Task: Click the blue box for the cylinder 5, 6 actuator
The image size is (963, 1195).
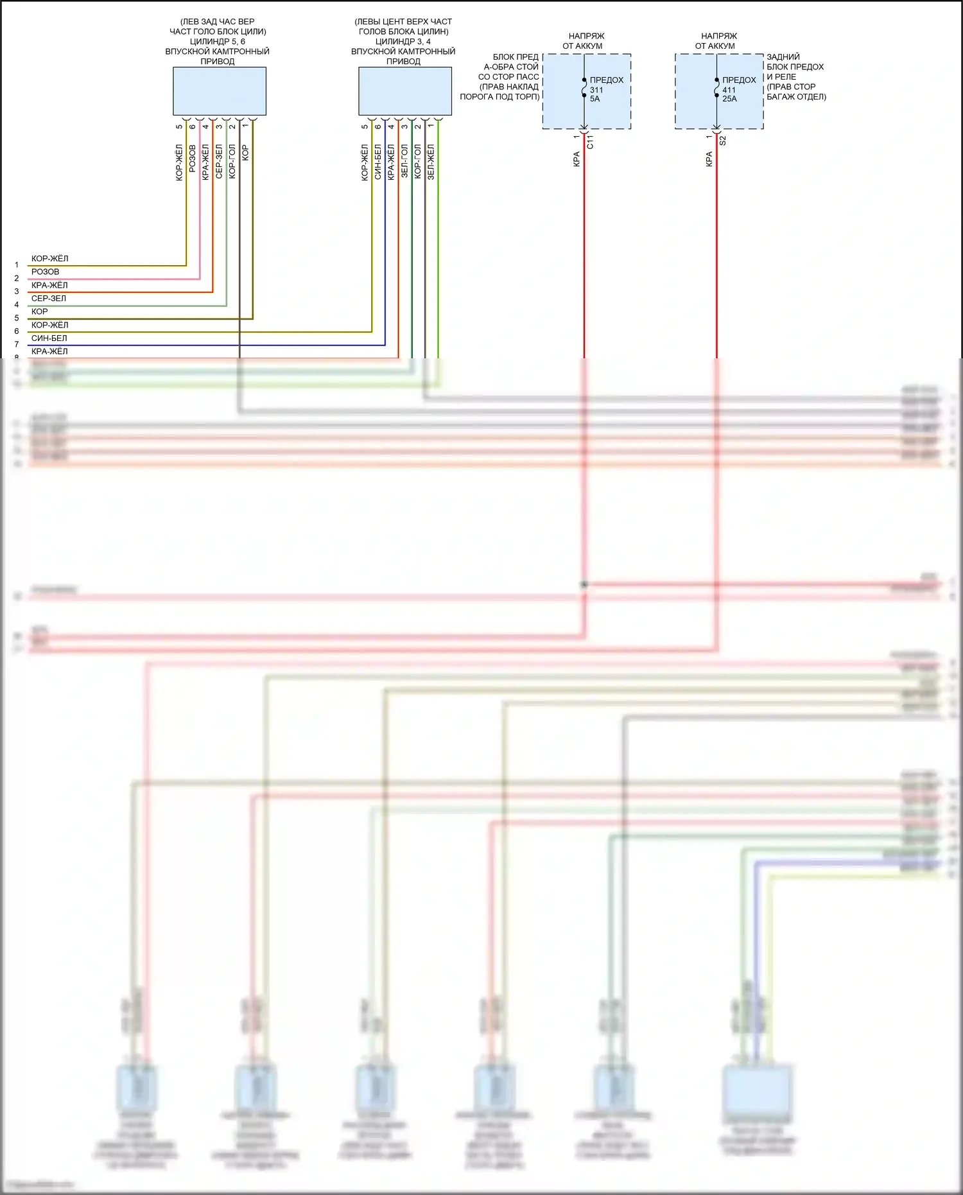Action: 219,91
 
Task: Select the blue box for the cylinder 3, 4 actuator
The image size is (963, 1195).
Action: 404,91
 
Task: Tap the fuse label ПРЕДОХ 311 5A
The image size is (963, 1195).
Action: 605,89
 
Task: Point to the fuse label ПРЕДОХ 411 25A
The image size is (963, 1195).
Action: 738,89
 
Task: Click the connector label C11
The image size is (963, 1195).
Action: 590,142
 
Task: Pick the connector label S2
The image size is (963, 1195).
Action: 722,141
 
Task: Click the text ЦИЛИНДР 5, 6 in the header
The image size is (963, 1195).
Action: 217,42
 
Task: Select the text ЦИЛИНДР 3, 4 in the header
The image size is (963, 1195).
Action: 403,42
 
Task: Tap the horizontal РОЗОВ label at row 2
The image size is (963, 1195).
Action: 45,272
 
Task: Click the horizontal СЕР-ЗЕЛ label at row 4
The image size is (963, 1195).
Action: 49,299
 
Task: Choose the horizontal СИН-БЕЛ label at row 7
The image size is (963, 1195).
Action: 49,338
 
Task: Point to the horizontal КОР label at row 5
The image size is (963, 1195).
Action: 39,312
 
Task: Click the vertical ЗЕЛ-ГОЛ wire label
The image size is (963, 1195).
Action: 404,161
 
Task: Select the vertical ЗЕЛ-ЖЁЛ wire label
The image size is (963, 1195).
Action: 431,161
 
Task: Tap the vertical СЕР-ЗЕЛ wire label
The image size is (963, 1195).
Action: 219,161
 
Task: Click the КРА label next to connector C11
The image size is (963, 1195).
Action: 577,159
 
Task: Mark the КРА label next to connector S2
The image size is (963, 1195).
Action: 709,159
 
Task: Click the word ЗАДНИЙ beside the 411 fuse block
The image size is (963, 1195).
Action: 783,57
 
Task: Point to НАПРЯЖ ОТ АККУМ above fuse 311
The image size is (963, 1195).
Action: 586,41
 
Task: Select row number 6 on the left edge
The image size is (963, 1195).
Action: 17,331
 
